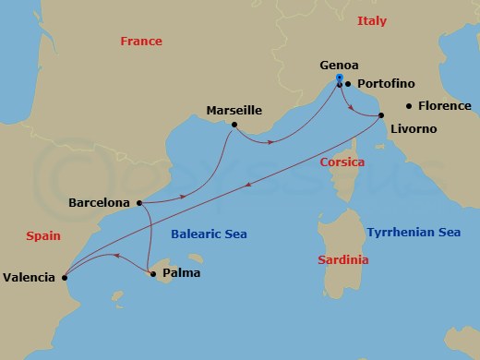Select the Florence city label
click(x=445, y=106)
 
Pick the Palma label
click(x=181, y=273)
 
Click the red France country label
click(x=141, y=42)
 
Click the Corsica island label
click(x=342, y=162)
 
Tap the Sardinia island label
click(x=342, y=260)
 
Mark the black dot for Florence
click(x=409, y=106)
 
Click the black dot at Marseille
click(x=234, y=125)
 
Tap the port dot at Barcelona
click(x=138, y=203)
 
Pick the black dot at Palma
click(x=153, y=273)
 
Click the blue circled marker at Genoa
click(x=340, y=78)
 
